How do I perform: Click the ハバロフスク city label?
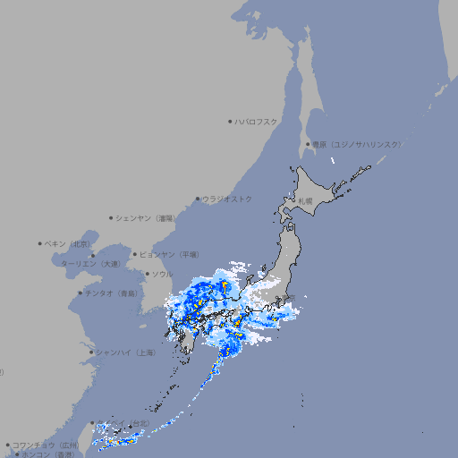pyautogui.click(x=257, y=121)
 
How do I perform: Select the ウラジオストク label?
pyautogui.click(x=227, y=199)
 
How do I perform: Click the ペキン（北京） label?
pyautogui.click(x=68, y=243)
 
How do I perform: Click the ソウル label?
pyautogui.click(x=161, y=274)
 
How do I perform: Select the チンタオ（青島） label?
pyautogui.click(x=111, y=293)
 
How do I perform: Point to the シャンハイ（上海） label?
pyautogui.click(x=126, y=352)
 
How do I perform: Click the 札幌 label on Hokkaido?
pyautogui.click(x=305, y=201)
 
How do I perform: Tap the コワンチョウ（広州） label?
pyautogui.click(x=46, y=445)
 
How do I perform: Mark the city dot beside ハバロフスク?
pyautogui.click(x=230, y=121)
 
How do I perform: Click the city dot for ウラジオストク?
pyautogui.click(x=198, y=199)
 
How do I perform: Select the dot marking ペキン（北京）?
pyautogui.click(x=40, y=243)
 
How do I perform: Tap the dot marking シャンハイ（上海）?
pyautogui.click(x=91, y=352)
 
